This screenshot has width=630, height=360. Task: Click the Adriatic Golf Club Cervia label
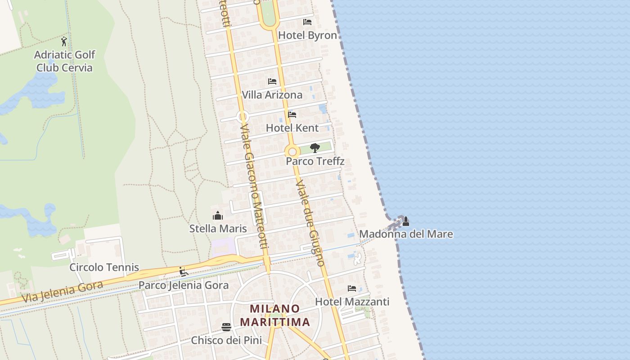click(x=65, y=61)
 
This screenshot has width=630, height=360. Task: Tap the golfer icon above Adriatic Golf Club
click(x=64, y=41)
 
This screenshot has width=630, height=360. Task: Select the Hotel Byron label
click(x=307, y=36)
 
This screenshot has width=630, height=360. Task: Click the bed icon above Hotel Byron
click(x=307, y=22)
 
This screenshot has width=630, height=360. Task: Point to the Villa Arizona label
click(x=272, y=95)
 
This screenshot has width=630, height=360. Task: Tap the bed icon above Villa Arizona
click(x=272, y=81)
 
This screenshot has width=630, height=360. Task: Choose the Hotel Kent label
click(x=292, y=128)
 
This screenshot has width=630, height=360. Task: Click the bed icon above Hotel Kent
click(x=292, y=114)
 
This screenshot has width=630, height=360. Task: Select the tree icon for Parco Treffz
click(x=315, y=148)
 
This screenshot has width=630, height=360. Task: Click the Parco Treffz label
click(x=315, y=161)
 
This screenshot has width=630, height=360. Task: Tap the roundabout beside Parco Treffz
click(x=292, y=152)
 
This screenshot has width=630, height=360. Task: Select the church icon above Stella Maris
click(x=218, y=216)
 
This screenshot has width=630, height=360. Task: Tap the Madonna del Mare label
click(x=406, y=234)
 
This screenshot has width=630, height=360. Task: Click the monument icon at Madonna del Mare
click(x=405, y=221)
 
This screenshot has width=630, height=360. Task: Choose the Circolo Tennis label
click(x=104, y=267)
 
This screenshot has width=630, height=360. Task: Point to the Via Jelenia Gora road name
click(x=62, y=292)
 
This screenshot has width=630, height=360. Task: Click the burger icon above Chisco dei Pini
click(x=226, y=327)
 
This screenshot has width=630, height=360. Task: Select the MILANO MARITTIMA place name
click(x=275, y=315)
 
